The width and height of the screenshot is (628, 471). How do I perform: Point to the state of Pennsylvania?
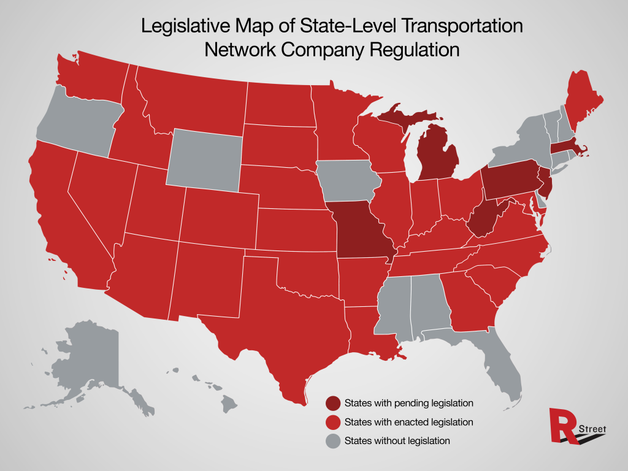(507, 179)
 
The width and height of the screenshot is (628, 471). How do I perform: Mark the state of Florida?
(500, 361)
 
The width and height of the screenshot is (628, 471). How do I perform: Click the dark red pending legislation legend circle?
(333, 404)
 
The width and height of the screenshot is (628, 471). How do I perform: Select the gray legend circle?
(333, 440)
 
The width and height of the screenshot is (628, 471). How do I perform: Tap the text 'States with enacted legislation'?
(408, 422)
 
